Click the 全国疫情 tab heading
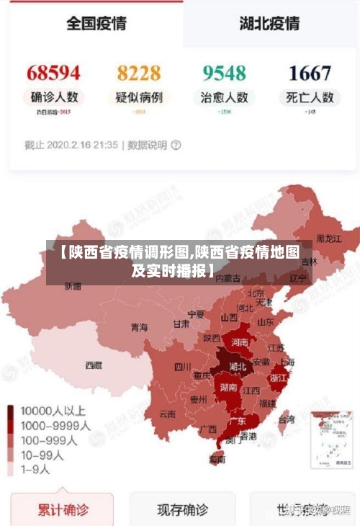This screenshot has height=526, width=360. [96, 23]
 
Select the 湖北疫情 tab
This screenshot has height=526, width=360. [269, 23]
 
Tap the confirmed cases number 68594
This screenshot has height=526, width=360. [53, 73]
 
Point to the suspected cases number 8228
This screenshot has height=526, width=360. [139, 73]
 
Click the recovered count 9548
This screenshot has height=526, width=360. [224, 73]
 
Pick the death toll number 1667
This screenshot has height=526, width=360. [310, 73]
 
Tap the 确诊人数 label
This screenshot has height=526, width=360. [54, 97]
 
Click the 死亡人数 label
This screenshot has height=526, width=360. [310, 97]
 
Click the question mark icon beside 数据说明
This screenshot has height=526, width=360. [176, 145]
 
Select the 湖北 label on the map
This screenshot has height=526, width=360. [237, 366]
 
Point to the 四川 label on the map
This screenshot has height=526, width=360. [183, 366]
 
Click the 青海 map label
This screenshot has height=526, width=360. [139, 327]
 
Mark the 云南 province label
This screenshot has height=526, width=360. [167, 414]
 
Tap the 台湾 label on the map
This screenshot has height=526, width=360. [286, 419]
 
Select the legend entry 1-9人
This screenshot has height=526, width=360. [36, 469]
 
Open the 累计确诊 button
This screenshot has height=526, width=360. [63, 511]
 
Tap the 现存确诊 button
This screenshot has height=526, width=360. [183, 511]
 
